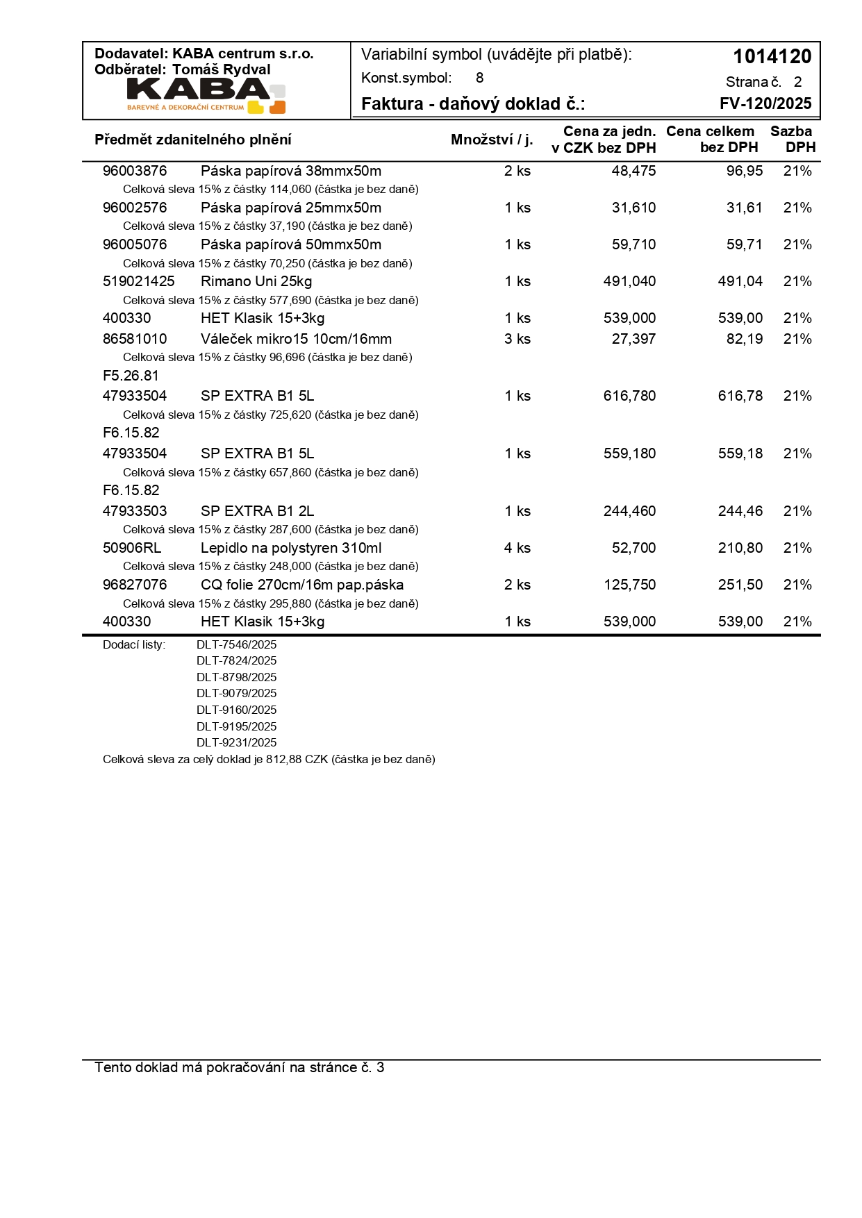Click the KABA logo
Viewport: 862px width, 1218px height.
click(x=206, y=95)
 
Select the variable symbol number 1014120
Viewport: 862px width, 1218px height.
click(x=772, y=56)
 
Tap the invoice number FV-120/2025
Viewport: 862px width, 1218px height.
click(x=765, y=103)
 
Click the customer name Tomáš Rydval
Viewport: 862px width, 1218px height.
click(x=221, y=69)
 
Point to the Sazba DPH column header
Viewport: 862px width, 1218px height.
click(x=792, y=139)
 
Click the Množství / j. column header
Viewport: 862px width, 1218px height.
click(x=492, y=140)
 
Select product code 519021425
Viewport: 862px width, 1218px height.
click(x=139, y=281)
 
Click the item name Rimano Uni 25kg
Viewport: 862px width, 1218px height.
click(x=256, y=281)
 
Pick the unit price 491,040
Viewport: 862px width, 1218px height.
click(x=629, y=281)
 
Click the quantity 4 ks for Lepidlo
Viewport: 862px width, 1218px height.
click(x=517, y=548)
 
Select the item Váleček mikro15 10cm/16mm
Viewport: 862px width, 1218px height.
click(x=296, y=339)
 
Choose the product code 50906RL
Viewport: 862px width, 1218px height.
click(x=132, y=548)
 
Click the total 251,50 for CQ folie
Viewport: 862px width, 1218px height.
click(x=740, y=585)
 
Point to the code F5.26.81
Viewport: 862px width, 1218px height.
click(x=131, y=376)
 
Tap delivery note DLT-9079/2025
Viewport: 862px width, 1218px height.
click(x=236, y=693)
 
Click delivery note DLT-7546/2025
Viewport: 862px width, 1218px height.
click(x=236, y=644)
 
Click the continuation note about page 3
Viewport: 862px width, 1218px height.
click(x=240, y=1067)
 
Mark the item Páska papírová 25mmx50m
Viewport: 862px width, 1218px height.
click(x=291, y=208)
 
